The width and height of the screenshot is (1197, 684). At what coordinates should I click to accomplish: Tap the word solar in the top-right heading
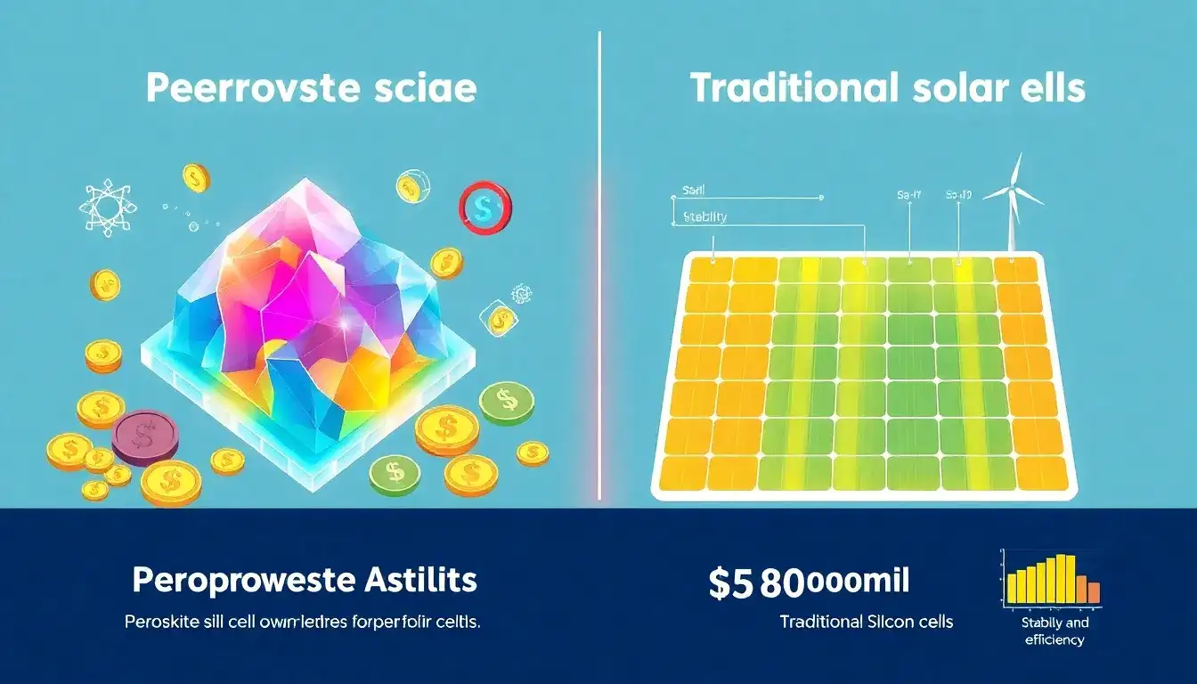click(x=964, y=89)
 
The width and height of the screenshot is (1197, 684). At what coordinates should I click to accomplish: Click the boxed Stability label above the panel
click(x=704, y=216)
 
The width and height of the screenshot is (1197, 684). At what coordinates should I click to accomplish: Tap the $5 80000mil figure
click(x=809, y=582)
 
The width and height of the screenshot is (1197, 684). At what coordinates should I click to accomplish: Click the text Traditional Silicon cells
click(x=866, y=622)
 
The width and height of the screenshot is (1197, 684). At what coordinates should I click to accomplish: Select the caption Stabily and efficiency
click(x=1055, y=631)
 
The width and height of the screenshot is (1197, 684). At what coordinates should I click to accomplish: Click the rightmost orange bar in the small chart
click(x=1093, y=592)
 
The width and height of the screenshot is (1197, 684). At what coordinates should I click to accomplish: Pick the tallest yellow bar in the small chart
click(x=1060, y=579)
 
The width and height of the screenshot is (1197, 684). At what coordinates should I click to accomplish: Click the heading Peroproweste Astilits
click(x=305, y=582)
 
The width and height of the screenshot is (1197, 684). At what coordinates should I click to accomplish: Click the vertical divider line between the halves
click(x=599, y=267)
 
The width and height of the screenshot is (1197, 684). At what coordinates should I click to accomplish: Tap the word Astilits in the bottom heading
click(x=419, y=582)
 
